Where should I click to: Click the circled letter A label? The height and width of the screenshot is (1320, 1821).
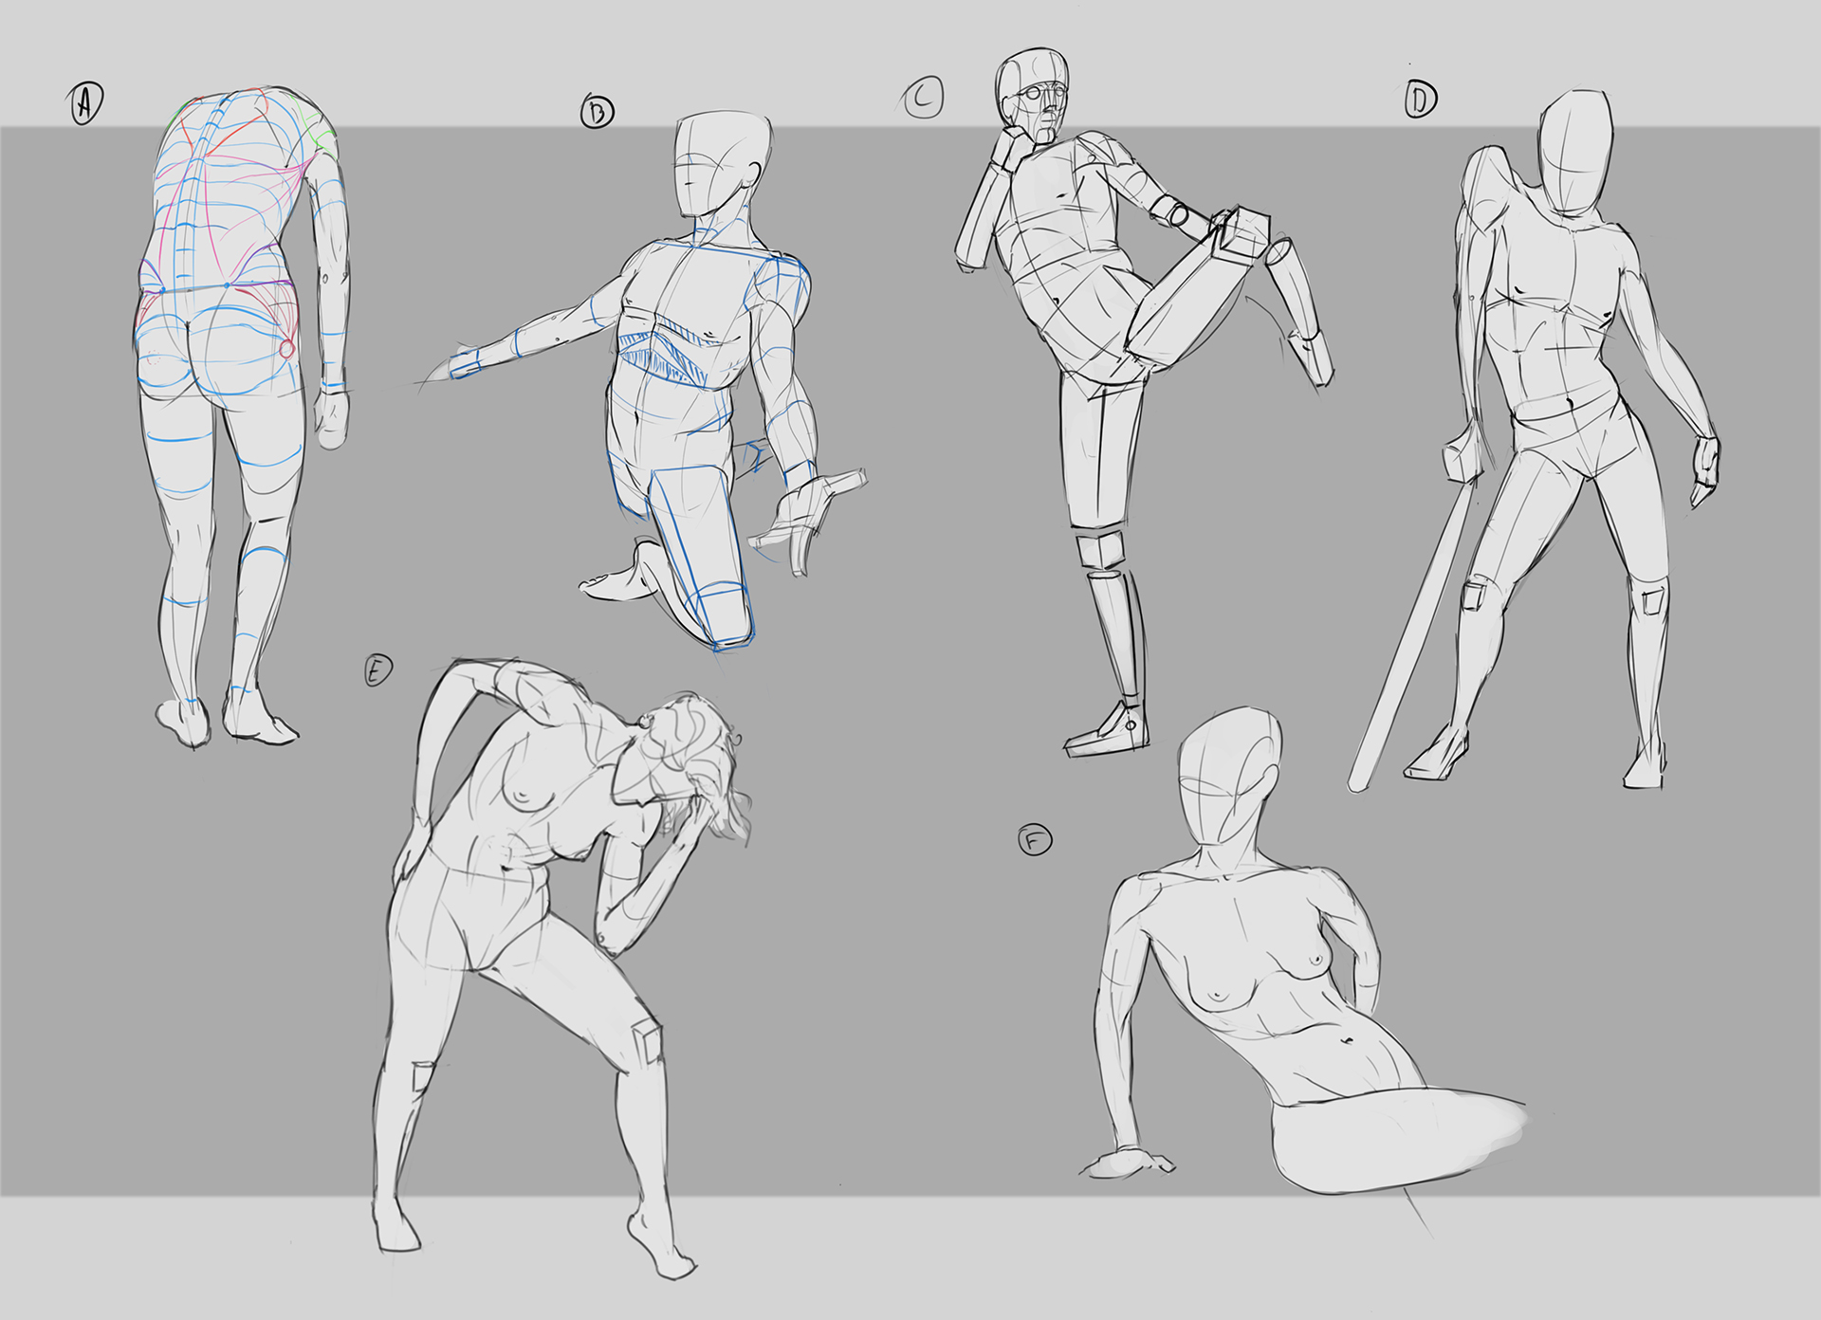pos(85,103)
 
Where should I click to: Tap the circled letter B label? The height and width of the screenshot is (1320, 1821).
pos(597,112)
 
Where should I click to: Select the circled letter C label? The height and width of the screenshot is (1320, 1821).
pos(923,98)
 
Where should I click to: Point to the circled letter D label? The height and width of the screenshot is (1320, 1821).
pos(1420,99)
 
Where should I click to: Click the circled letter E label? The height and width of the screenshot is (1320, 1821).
pos(377,670)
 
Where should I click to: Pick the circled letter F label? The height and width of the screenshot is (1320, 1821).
pos(1035,840)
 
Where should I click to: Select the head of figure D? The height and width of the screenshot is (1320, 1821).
pos(1574,157)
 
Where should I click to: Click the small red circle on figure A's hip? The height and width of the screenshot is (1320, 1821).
pos(286,349)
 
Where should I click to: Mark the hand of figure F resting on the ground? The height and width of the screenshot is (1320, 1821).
pos(1129,1163)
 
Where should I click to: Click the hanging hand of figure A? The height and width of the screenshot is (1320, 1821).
pos(331,418)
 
